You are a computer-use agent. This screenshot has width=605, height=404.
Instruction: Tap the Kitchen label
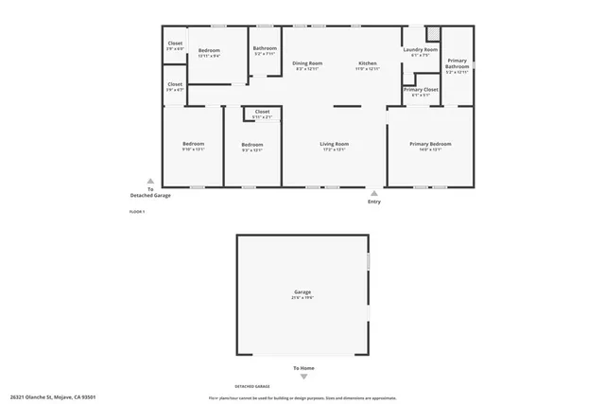pyautogui.click(x=367, y=63)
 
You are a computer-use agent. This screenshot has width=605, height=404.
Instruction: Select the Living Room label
pyautogui.click(x=335, y=144)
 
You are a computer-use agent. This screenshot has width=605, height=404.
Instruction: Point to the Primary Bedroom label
pyautogui.click(x=430, y=144)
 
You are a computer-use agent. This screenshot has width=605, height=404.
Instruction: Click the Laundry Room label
pyautogui.click(x=420, y=49)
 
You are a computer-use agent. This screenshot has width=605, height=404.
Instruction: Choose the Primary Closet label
pyautogui.click(x=420, y=89)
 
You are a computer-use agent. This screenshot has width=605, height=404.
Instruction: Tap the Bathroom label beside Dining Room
pyautogui.click(x=265, y=48)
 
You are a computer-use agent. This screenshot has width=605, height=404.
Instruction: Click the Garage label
pyautogui.click(x=302, y=292)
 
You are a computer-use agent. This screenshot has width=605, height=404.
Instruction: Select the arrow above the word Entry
pyautogui.click(x=374, y=193)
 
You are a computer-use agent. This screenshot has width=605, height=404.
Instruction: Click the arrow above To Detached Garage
pyautogui.click(x=149, y=181)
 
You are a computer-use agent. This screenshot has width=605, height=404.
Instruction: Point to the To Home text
pyautogui.click(x=302, y=368)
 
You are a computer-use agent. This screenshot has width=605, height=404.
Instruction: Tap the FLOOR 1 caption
pyautogui.click(x=136, y=211)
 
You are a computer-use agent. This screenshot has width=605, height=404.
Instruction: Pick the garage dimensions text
pyautogui.click(x=302, y=298)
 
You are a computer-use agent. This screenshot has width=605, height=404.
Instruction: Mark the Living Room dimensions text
pyautogui.click(x=335, y=149)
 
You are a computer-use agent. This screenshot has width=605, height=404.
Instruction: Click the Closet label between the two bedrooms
pyautogui.click(x=262, y=112)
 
